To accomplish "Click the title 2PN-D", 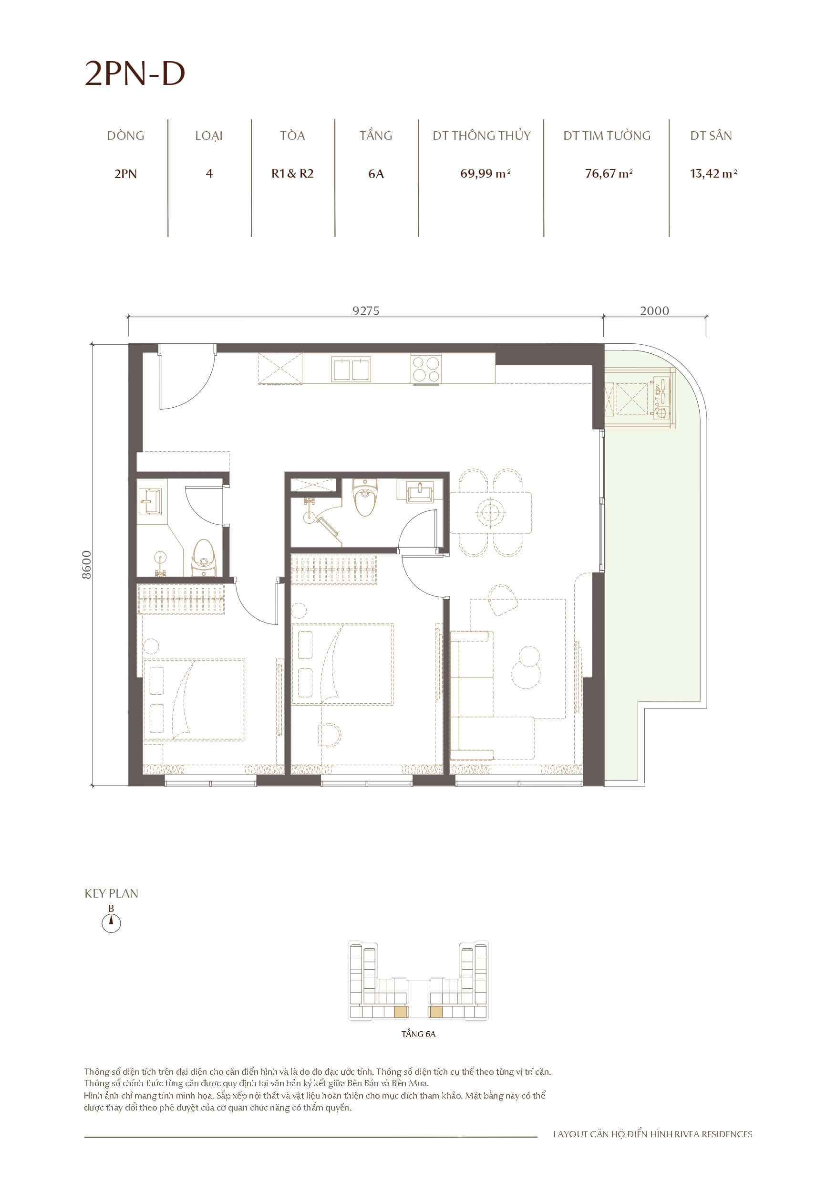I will (134, 74).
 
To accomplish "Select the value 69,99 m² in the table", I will (485, 174).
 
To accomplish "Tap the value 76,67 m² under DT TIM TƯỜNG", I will (608, 174).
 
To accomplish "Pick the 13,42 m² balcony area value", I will (713, 174).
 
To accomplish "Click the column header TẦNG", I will (375, 136).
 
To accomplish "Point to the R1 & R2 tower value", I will (292, 174).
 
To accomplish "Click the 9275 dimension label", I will (366, 311).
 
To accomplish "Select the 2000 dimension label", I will (654, 311).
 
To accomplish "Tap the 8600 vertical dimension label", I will (87, 565).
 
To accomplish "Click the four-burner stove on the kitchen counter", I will (426, 369).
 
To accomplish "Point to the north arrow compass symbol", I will (111, 923).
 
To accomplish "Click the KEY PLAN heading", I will (112, 894).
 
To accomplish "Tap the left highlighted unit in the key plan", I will (400, 1012).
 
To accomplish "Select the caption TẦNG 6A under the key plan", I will (418, 1034).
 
